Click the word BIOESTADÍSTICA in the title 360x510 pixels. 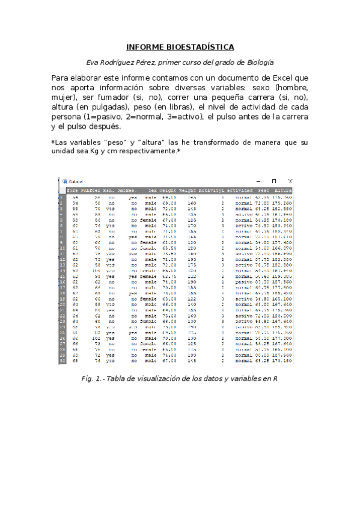pos(201,47)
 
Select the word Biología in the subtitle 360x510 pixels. pos(260,63)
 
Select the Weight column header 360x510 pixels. pos(188,189)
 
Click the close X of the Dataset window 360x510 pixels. pos(290,181)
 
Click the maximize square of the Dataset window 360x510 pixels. pos(274,181)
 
